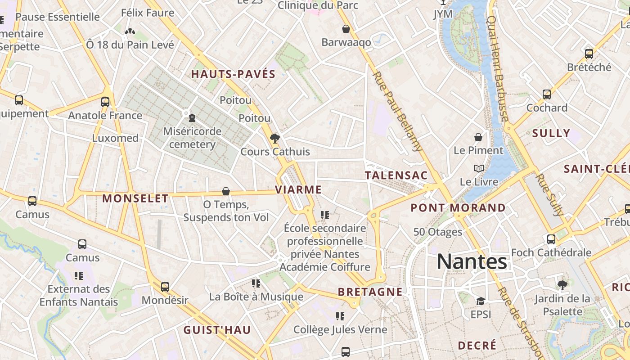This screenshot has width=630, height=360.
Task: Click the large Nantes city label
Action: [472, 261]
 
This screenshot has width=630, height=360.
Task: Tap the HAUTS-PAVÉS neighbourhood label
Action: [233, 74]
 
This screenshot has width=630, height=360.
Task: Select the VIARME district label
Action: [298, 190]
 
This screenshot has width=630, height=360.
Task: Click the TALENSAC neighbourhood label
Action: [396, 175]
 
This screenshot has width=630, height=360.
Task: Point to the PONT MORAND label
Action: [458, 208]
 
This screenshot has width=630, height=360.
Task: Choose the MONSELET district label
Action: [135, 198]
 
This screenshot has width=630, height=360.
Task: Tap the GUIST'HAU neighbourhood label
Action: [217, 330]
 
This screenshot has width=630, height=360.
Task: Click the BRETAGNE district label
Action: [370, 292]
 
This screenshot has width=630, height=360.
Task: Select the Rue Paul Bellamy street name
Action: [398, 111]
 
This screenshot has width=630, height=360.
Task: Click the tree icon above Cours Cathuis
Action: [274, 138]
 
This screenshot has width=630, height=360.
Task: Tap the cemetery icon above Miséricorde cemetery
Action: [192, 118]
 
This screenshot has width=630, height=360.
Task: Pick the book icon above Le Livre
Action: [479, 169]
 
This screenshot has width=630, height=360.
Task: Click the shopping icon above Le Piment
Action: [478, 137]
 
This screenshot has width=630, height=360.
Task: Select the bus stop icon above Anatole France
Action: [105, 102]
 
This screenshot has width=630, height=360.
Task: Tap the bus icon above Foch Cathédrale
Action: [551, 239]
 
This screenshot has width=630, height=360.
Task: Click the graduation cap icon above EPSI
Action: [481, 301]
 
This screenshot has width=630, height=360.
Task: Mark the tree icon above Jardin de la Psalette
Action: [562, 285]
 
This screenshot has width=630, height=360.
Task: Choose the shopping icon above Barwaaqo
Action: [346, 29]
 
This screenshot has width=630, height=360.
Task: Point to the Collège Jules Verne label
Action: [340, 330]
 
